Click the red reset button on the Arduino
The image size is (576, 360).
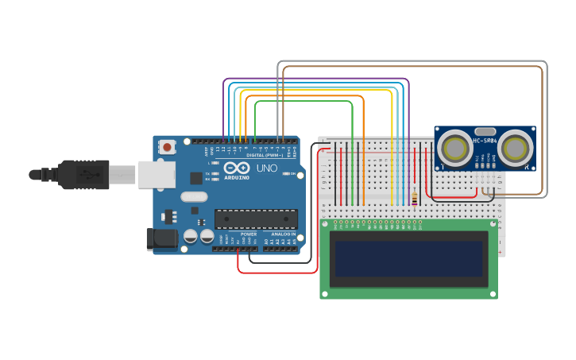pyautogui.click(x=167, y=147)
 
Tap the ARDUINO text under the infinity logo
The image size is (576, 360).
pyautogui.click(x=237, y=177)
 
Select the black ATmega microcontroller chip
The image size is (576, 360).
pyautogui.click(x=256, y=219)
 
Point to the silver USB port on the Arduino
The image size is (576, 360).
pyautogui.click(x=157, y=175)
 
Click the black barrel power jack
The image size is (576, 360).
pyautogui.click(x=161, y=238)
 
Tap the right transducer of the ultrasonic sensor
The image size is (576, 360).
pyautogui.click(x=516, y=149)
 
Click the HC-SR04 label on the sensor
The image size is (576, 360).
pyautogui.click(x=485, y=141)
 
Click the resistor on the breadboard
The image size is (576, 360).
pyautogui.click(x=414, y=198)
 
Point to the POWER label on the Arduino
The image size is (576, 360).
pyautogui.click(x=249, y=234)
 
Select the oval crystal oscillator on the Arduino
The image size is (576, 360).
pyautogui.click(x=194, y=196)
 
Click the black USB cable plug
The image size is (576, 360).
pyautogui.click(x=83, y=175)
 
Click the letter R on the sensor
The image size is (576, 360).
pyautogui.click(x=528, y=165)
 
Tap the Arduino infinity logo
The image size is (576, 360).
pyautogui.click(x=237, y=168)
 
